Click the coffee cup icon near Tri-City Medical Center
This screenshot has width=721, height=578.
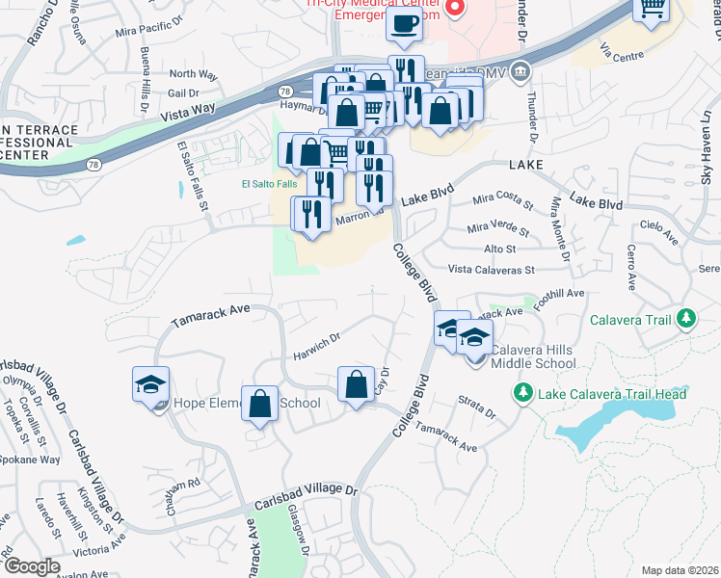click(404, 24)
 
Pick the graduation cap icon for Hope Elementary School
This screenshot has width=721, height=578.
click(150, 384)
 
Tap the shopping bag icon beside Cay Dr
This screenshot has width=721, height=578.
click(357, 384)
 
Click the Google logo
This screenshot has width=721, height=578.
click(32, 566)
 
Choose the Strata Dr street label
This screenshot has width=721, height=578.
click(476, 407)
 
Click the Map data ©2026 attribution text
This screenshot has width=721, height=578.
click(680, 570)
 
